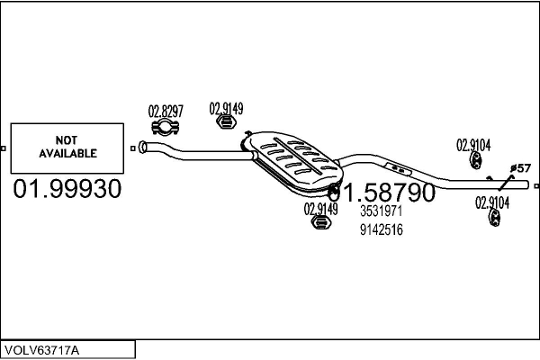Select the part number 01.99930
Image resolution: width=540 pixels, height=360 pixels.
67,189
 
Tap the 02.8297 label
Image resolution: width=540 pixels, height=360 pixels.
166,112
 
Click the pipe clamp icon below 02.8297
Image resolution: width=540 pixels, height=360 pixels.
166,128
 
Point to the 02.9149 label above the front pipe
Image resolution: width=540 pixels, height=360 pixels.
226,109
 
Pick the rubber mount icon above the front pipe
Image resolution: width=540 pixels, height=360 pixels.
226,122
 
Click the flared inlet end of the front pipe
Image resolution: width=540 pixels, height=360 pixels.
142,147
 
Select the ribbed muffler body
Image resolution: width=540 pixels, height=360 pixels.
292,161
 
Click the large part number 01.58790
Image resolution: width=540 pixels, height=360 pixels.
382,192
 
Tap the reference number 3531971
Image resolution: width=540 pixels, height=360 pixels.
382,211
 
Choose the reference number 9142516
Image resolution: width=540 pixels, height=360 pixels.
382,229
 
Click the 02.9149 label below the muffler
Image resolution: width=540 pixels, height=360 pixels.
320,209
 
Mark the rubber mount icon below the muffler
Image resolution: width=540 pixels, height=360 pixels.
321,222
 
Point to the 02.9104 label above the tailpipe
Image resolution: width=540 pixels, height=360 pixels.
473,145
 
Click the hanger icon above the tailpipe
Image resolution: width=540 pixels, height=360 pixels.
475,160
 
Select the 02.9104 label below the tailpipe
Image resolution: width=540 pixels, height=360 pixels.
492,202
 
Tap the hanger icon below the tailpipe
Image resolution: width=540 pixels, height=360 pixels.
494,218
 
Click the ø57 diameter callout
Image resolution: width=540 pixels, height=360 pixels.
520,168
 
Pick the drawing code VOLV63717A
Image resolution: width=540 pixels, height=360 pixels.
41,351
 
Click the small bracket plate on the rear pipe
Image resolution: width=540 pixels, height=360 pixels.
398,169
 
